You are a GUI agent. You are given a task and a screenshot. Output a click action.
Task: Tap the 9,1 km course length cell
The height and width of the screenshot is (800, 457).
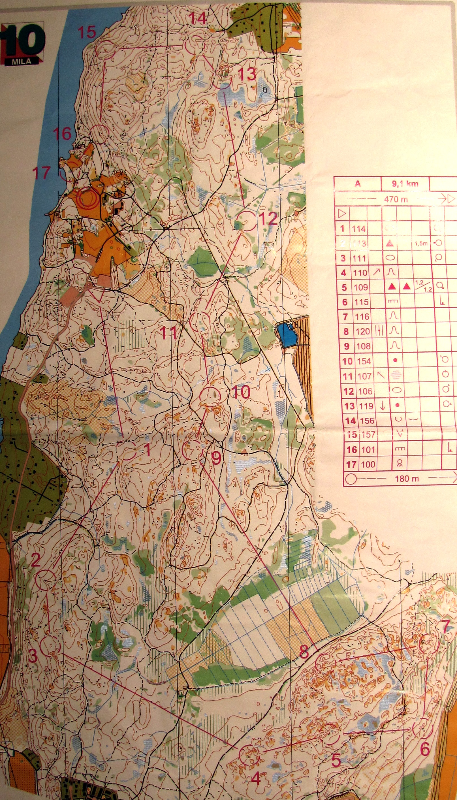[405, 184]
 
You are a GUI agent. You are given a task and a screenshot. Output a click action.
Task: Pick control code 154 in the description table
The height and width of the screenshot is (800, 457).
[364, 361]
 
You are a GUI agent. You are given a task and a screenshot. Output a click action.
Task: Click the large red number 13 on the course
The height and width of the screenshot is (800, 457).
[247, 74]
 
